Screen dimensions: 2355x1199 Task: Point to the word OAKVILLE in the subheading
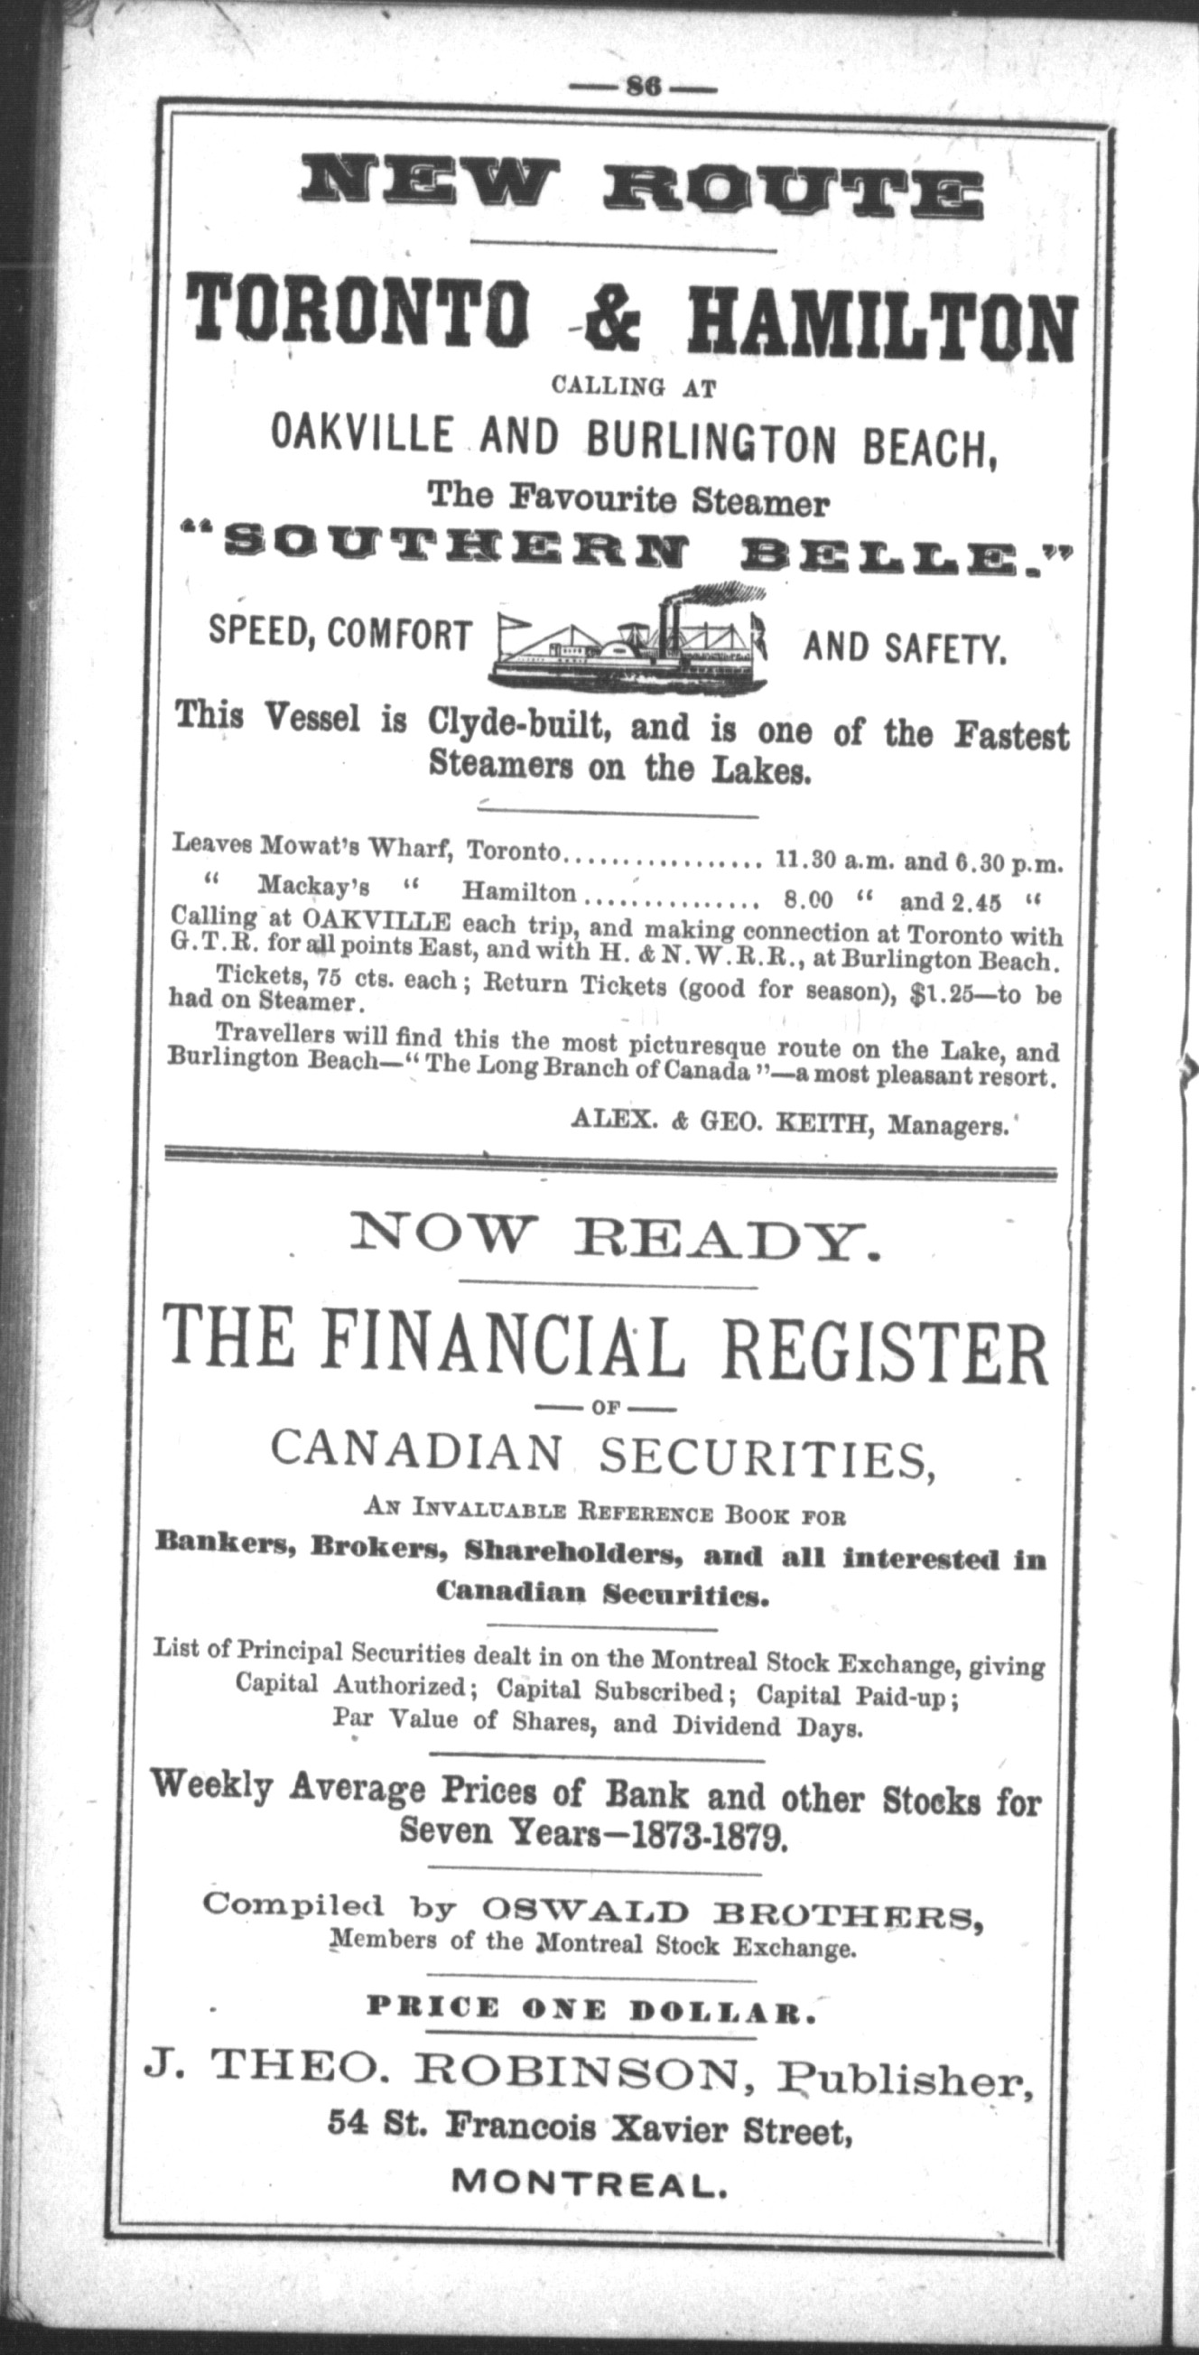click(x=362, y=435)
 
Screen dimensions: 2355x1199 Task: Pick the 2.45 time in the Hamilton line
click(x=976, y=903)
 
